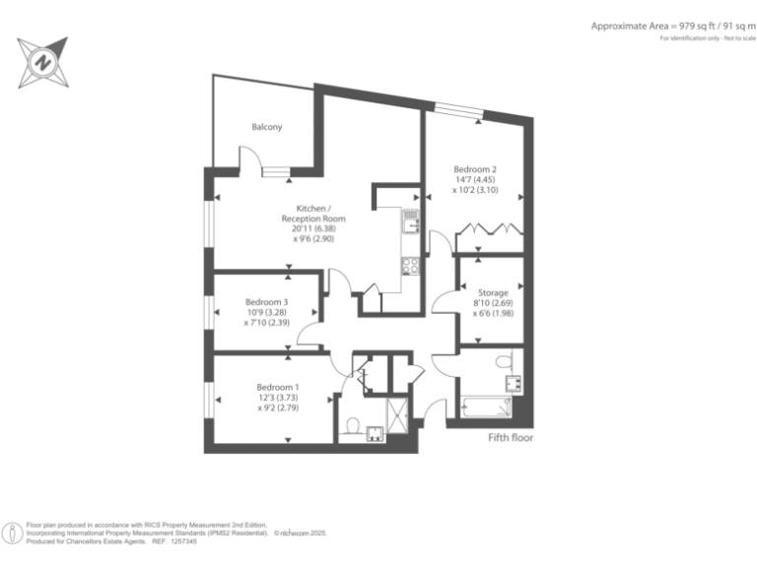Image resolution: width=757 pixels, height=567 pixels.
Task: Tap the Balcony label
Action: pos(267,127)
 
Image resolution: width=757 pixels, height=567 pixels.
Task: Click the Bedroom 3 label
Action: pos(266,301)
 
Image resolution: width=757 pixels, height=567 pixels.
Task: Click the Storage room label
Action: pos(493,292)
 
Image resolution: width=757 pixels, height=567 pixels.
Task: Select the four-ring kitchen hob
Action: pos(411,265)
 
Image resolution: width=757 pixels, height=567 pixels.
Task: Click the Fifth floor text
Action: pos(511,437)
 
